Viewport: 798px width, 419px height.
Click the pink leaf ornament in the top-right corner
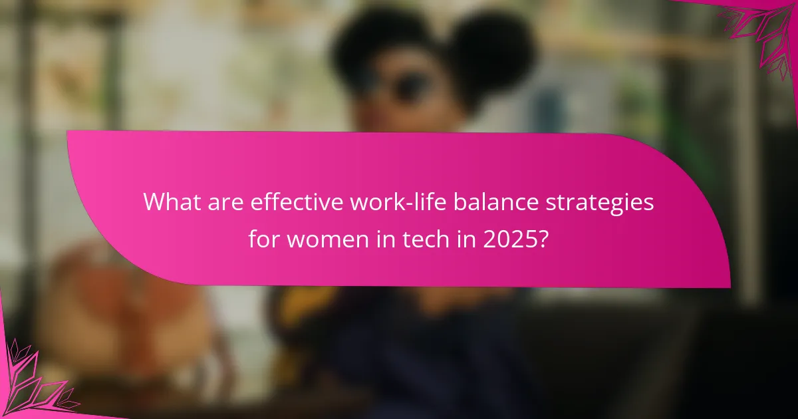click(x=765, y=33)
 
